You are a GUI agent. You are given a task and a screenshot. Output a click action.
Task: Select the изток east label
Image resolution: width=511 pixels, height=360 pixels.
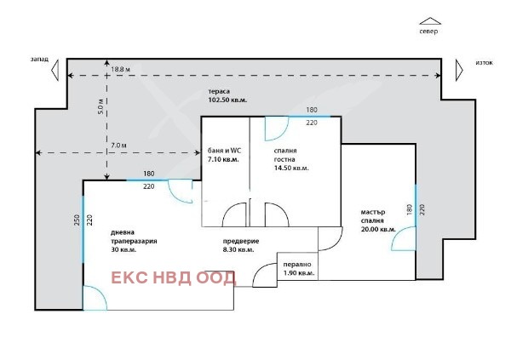483,63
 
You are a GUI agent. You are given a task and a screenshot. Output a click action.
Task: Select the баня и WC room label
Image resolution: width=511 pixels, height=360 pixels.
223,154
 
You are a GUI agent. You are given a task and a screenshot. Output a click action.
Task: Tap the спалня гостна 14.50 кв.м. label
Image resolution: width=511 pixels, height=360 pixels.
290,159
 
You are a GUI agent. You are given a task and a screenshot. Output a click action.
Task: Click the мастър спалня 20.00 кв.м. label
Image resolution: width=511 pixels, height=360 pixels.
376,220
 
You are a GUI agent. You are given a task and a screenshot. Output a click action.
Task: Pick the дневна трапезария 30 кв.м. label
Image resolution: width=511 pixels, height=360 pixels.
134,242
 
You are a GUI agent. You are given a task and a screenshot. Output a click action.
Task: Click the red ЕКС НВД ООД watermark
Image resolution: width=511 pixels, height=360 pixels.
174,277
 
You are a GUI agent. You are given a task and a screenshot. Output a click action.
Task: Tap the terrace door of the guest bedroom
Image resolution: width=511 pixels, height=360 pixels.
275,129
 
